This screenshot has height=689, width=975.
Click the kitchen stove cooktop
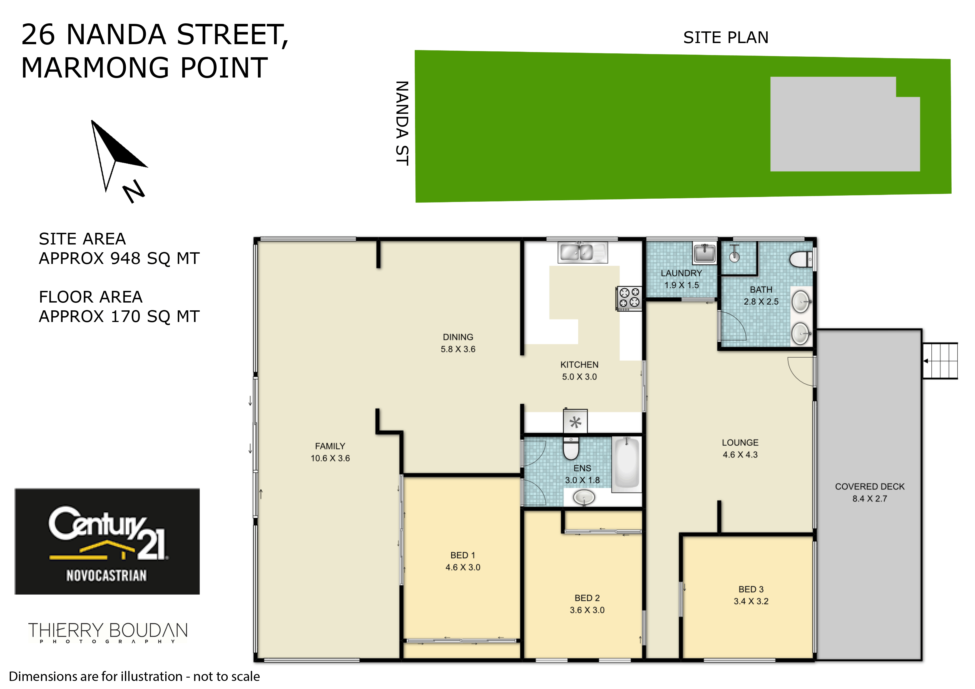pos(629,298)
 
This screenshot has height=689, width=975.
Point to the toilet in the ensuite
pos(571,449)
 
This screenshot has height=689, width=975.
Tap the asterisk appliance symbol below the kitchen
pos(575,422)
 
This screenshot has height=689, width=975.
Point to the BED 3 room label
pos(751,595)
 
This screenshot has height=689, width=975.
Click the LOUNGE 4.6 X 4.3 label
pos(740,448)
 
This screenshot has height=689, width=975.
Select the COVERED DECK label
pos(870,493)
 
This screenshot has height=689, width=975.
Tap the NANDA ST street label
pos(402,123)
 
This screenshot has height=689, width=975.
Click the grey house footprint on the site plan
pos(845,124)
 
